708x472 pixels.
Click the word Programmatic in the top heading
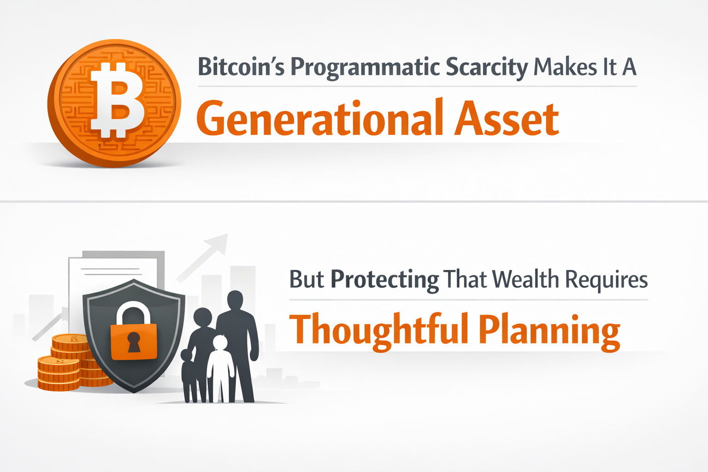click(364, 68)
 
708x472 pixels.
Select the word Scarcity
click(486, 68)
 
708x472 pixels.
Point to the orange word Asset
click(507, 119)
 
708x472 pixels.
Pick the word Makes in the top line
click(566, 67)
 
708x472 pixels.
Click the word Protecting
click(385, 280)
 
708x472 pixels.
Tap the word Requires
click(606, 280)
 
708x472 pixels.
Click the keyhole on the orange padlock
click(134, 342)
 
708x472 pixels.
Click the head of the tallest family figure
click(236, 300)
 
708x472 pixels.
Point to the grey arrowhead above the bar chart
click(217, 242)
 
